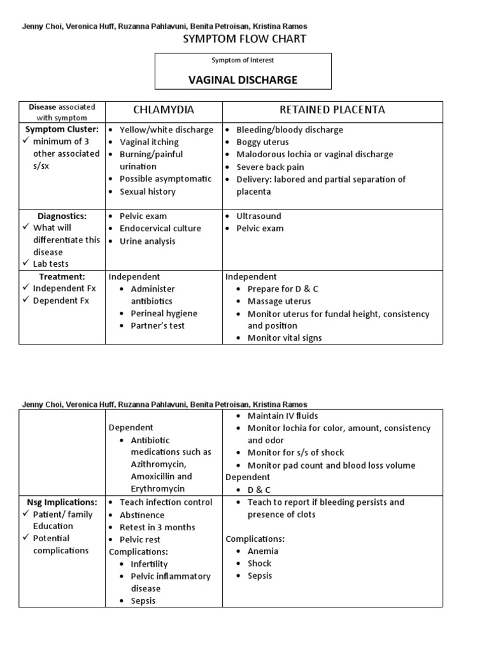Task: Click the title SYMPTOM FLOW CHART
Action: tap(244, 39)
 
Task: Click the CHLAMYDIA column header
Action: tap(163, 110)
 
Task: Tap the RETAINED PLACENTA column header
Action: tap(332, 110)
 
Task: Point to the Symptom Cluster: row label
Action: tap(62, 129)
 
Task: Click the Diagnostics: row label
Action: tap(62, 216)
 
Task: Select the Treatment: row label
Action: tap(62, 276)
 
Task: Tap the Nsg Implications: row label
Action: tap(62, 502)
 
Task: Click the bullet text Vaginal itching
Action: tap(149, 142)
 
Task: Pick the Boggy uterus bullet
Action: tap(262, 142)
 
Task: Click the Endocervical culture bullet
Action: tap(160, 229)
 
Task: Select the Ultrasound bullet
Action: tap(259, 216)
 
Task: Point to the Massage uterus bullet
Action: tap(279, 301)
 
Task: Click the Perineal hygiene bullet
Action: tap(164, 313)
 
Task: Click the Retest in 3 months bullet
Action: tap(157, 527)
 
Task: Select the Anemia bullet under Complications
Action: tap(262, 551)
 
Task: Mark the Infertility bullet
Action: tap(149, 564)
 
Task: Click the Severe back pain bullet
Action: tap(270, 167)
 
